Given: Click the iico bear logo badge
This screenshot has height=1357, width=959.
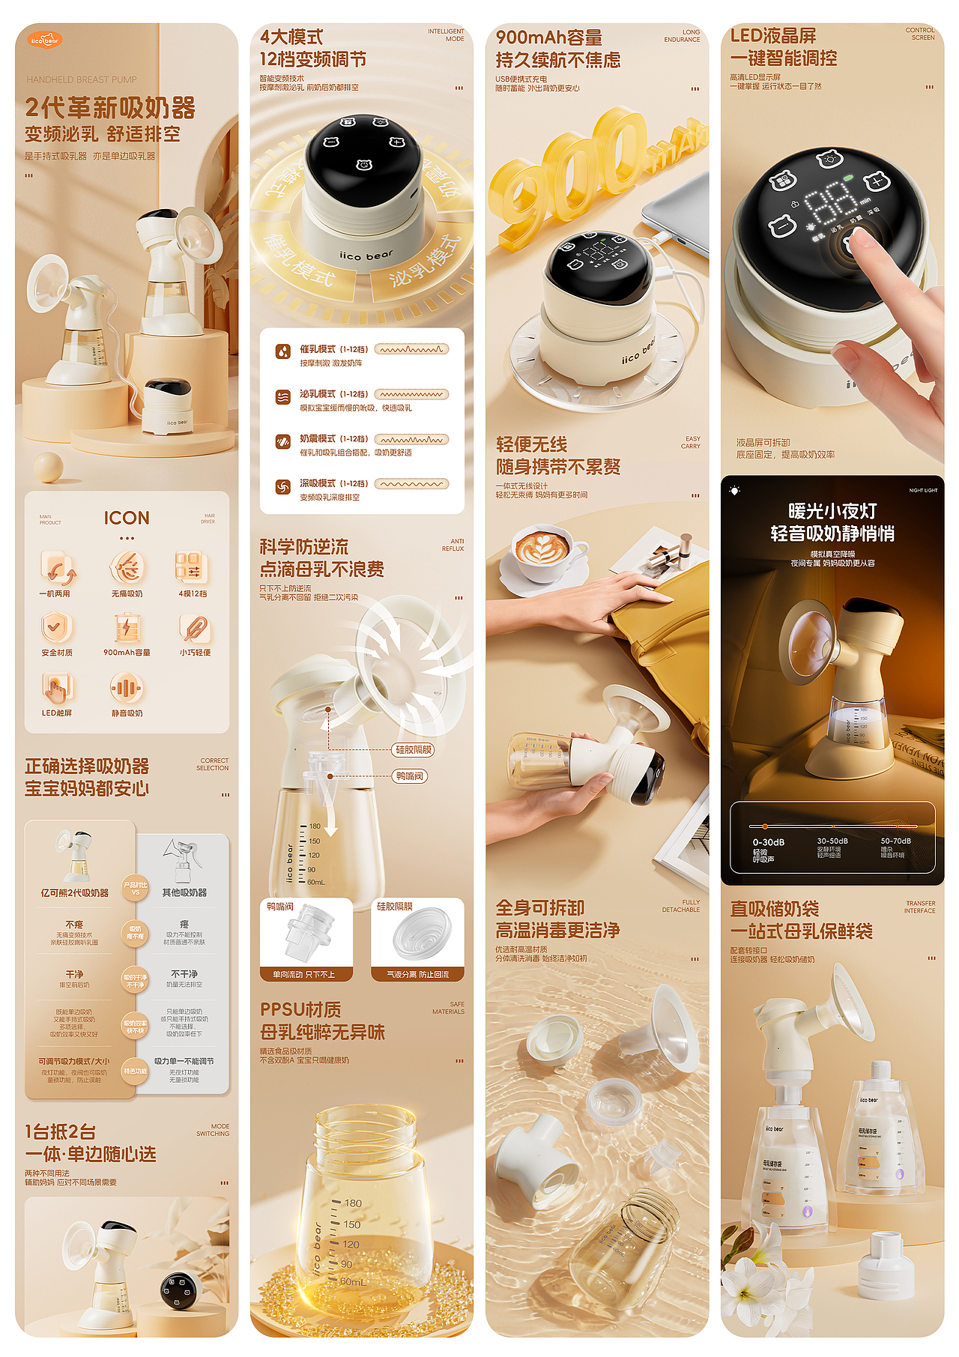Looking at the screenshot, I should (x=45, y=40).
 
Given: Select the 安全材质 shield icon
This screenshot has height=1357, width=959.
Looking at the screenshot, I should (x=56, y=627).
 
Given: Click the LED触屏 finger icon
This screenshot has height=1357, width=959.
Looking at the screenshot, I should (x=56, y=687).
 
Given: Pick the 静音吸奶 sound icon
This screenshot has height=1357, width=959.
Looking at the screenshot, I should (x=127, y=687).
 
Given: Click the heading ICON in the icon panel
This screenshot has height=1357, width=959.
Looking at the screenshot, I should (x=127, y=518).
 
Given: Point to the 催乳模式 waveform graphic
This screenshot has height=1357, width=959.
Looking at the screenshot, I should (x=411, y=349).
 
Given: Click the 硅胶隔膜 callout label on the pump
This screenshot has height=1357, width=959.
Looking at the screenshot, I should (x=414, y=749).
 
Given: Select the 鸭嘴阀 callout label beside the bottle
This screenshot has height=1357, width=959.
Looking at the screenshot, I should (x=409, y=776).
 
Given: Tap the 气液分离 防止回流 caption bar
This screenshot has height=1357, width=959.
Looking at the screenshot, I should (x=417, y=974).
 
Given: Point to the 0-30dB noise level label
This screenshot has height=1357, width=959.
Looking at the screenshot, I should (x=768, y=842).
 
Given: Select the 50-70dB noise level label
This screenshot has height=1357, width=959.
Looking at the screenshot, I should (x=895, y=841).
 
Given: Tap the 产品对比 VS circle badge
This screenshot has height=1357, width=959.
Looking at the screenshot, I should (x=136, y=888).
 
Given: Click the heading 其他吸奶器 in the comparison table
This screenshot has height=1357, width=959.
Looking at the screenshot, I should (x=184, y=892).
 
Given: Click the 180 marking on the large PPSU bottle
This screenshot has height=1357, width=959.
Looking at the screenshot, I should (x=352, y=1203).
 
